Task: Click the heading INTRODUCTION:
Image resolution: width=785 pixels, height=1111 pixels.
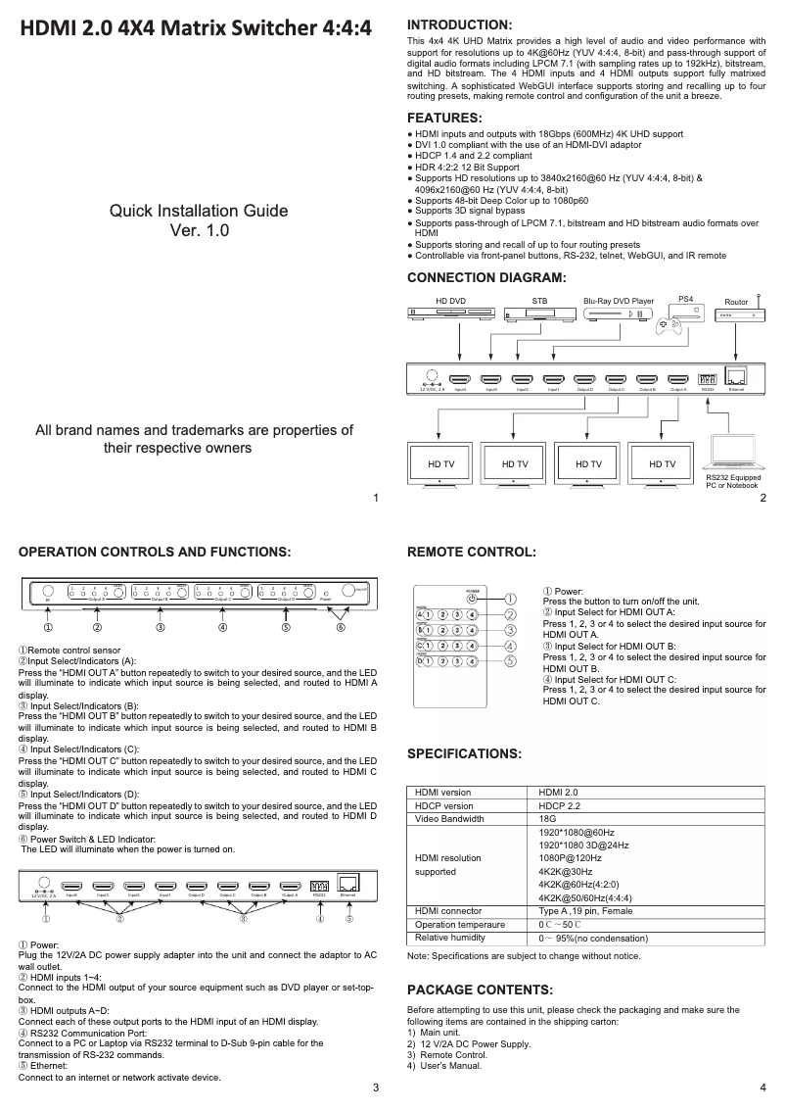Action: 459,24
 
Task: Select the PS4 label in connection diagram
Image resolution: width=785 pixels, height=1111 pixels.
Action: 685,299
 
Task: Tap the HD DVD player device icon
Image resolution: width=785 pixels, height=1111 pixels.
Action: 449,314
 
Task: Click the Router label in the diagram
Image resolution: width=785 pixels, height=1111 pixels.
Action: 736,302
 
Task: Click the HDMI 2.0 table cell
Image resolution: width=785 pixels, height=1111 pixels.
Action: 560,792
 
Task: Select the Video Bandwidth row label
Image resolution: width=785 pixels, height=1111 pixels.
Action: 449,819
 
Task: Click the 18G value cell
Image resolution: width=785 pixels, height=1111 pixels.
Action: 548,819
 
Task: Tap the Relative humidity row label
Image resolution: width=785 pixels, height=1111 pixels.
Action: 453,938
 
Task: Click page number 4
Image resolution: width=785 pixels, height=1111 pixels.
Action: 762,1088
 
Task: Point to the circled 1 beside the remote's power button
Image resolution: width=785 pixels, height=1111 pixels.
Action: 509,598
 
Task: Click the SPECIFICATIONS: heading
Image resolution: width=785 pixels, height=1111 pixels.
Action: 463,753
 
